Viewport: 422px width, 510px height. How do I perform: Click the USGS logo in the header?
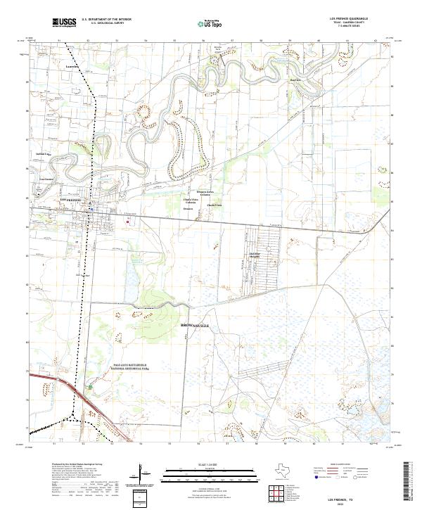click(64, 23)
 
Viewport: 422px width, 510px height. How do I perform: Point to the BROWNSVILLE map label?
click(196, 326)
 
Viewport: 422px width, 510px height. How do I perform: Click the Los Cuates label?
click(46, 179)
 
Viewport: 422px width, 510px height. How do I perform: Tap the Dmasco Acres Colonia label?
click(203, 193)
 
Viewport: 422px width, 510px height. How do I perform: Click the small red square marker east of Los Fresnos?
click(128, 222)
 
